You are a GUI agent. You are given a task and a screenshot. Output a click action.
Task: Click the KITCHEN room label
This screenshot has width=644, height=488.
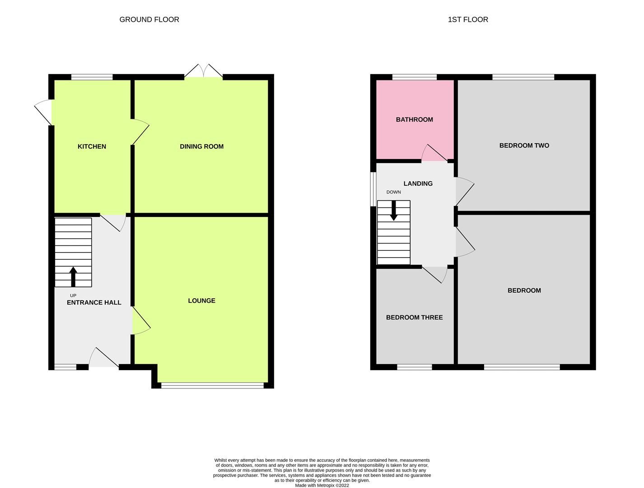point(92,146)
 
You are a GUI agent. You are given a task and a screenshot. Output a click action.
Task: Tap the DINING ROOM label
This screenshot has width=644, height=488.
point(201,146)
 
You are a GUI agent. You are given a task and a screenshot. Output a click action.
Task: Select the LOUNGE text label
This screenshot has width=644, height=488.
point(201,300)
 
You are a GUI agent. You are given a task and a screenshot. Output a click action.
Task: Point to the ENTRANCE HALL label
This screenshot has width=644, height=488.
point(94,302)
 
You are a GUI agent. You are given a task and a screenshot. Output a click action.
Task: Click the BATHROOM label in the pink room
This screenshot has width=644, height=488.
point(414,119)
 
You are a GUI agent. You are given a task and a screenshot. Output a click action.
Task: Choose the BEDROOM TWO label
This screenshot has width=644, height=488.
point(524,145)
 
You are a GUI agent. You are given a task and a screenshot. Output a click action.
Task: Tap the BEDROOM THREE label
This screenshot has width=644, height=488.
point(414,317)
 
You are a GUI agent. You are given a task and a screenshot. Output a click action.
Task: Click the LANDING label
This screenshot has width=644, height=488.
point(418,183)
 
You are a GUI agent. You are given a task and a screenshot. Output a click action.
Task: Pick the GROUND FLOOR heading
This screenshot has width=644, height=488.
point(149,19)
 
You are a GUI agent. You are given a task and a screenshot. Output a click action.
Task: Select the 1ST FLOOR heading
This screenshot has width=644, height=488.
point(468,19)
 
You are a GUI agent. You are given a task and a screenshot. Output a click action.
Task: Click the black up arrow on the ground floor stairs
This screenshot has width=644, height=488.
point(73,276)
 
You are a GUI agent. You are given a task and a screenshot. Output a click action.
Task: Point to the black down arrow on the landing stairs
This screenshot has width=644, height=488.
point(394,211)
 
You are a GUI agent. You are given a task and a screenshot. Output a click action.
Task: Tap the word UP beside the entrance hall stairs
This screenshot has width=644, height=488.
point(73,296)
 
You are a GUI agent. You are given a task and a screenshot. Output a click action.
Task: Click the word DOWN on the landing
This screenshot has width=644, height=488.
point(393,192)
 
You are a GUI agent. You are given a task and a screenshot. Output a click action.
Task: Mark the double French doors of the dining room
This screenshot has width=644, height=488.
point(204,72)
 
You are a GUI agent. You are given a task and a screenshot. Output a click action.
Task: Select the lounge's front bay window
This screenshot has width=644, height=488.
point(212,385)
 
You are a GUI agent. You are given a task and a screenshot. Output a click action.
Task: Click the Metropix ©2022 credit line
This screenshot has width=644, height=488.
point(322,485)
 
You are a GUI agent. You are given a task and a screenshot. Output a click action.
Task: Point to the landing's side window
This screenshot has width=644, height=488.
point(373,189)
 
